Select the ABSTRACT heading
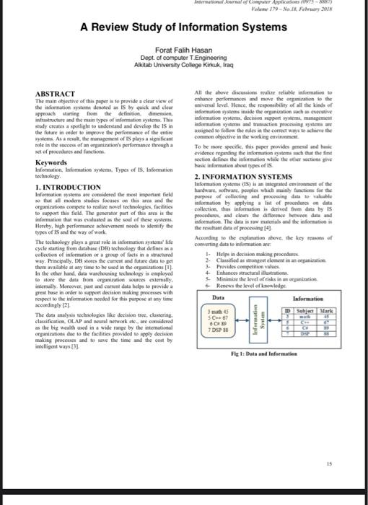[56, 94]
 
